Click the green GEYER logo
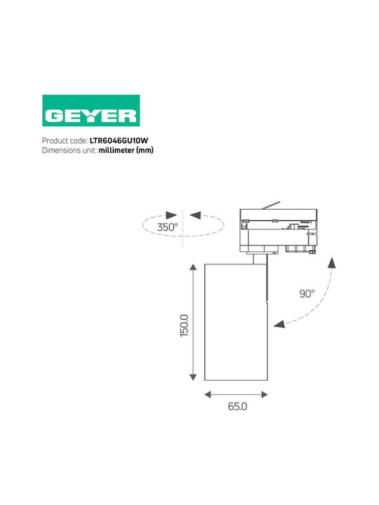coord(91,111)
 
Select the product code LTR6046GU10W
coord(119,141)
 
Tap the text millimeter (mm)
coord(126,150)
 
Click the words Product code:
coord(65,141)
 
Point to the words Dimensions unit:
coord(69,150)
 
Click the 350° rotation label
coord(167,227)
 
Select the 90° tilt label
coord(307,294)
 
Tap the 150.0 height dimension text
coord(184,325)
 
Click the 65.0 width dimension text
coord(237,406)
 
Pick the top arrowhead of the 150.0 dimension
coord(193,267)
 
